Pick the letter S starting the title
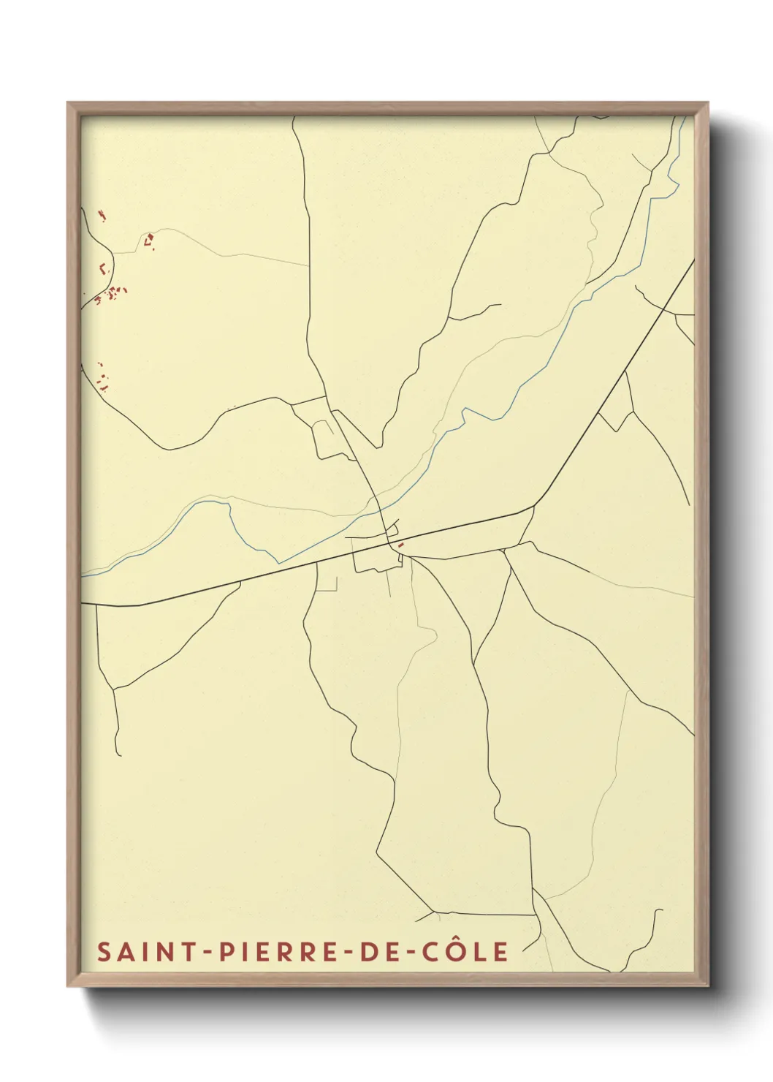coord(104,952)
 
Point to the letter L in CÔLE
coord(479,952)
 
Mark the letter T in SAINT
coord(189,952)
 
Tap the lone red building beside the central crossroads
coord(401,545)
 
